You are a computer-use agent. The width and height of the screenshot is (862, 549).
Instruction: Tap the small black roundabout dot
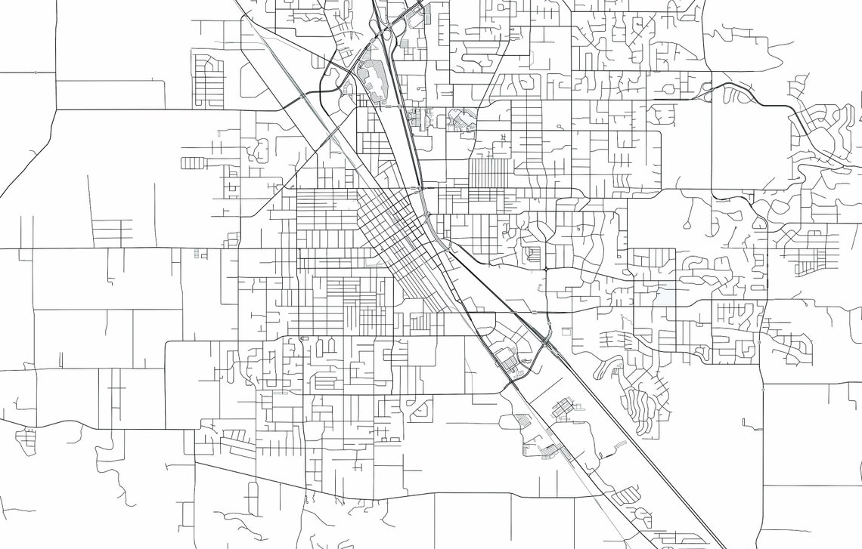pos(546,269)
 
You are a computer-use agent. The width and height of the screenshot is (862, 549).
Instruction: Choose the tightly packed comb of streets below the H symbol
pos(488,172)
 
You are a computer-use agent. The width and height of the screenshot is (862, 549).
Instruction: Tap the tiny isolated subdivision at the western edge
pos(26,436)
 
